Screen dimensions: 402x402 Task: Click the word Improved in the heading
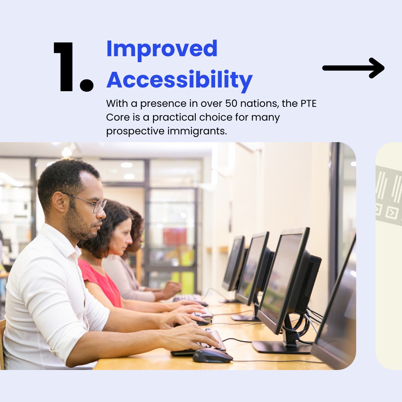[162, 49]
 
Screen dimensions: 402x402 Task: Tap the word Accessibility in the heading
[179, 79]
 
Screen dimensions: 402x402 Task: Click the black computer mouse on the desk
[213, 355]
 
